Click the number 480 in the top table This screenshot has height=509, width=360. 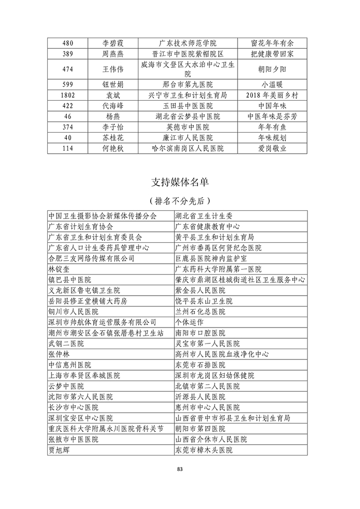[66, 43]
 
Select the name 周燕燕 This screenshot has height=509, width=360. [113, 53]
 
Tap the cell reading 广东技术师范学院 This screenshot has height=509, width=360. [188, 43]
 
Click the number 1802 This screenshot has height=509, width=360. [67, 95]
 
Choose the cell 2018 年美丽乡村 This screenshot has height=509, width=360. [273, 95]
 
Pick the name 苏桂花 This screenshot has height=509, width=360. [113, 138]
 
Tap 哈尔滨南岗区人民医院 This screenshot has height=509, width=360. [188, 149]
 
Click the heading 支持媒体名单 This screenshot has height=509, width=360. [179, 181]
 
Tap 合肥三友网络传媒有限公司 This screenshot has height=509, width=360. [91, 258]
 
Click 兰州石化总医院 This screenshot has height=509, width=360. [201, 312]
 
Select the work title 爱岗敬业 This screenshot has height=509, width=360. [273, 149]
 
